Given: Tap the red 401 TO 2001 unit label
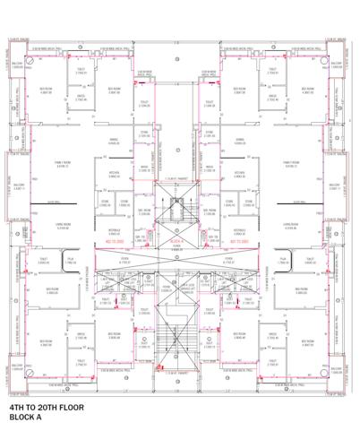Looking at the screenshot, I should pos(213,241).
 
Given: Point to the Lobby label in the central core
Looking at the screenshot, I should pos(176,249).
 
